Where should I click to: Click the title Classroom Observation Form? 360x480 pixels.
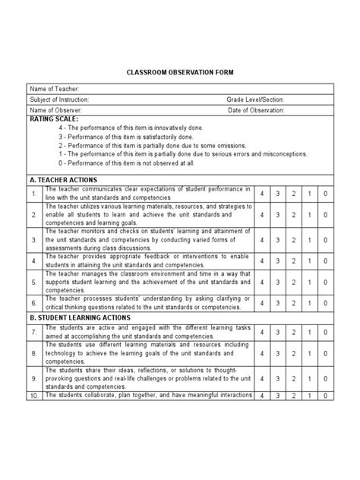click(x=179, y=71)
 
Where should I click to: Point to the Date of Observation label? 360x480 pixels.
click(x=256, y=110)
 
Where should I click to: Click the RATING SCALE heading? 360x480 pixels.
click(x=52, y=119)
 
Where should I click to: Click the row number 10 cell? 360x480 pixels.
click(x=35, y=396)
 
